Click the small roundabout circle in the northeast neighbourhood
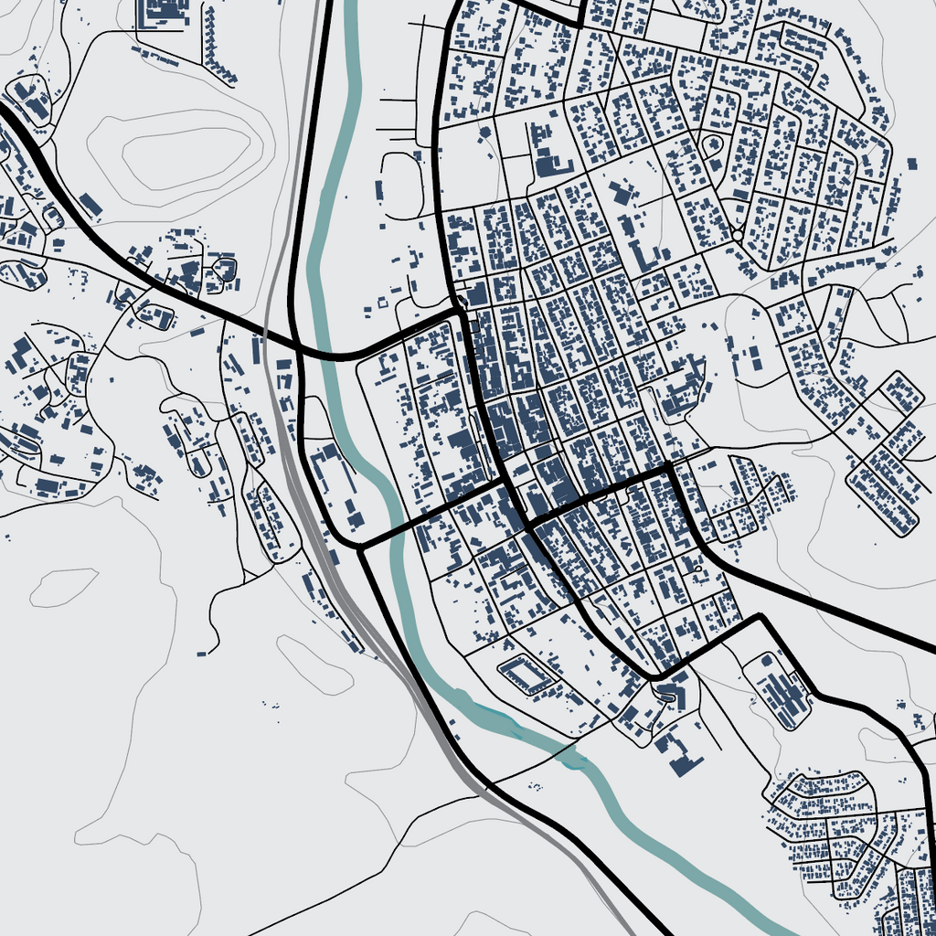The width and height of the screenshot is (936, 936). [x=737, y=235]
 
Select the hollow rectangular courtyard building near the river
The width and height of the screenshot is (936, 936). [x=527, y=675]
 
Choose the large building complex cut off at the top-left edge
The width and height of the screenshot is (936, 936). [x=162, y=14]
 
